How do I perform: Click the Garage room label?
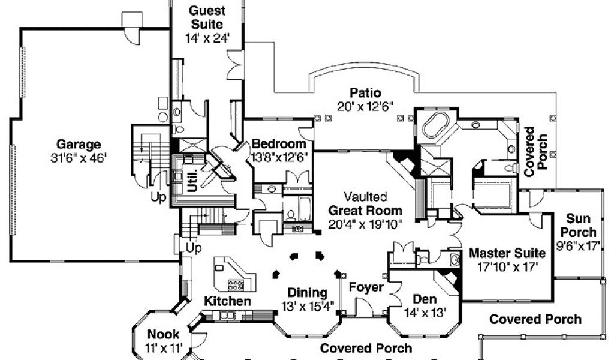coord(79,145)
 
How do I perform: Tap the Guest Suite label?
coord(207,17)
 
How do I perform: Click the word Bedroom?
coord(279,144)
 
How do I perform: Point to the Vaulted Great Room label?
coord(365,204)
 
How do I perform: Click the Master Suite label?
coord(507,253)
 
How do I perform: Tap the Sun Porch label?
coord(580,226)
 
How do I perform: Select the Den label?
coord(425,299)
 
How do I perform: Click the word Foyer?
coord(366,287)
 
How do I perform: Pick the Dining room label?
coord(307,293)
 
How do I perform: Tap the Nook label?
coord(160,335)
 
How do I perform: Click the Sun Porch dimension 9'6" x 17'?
coord(579,245)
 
